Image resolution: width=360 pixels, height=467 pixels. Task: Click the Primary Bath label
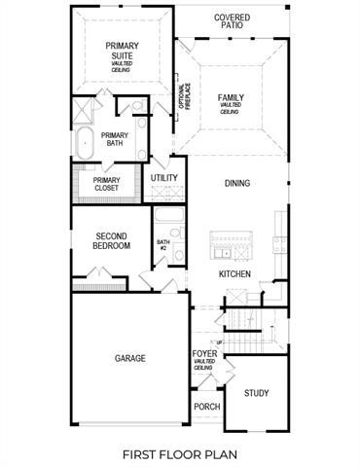click(x=115, y=139)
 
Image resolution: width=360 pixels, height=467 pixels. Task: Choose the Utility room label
click(x=164, y=178)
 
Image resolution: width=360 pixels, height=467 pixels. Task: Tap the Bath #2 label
click(x=163, y=245)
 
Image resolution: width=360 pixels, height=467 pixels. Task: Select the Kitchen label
click(x=234, y=274)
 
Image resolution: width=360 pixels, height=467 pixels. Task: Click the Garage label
click(x=130, y=358)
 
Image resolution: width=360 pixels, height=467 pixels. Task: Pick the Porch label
click(x=206, y=407)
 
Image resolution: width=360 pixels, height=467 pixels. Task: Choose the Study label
click(x=257, y=393)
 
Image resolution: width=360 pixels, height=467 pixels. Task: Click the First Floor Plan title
click(x=180, y=453)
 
